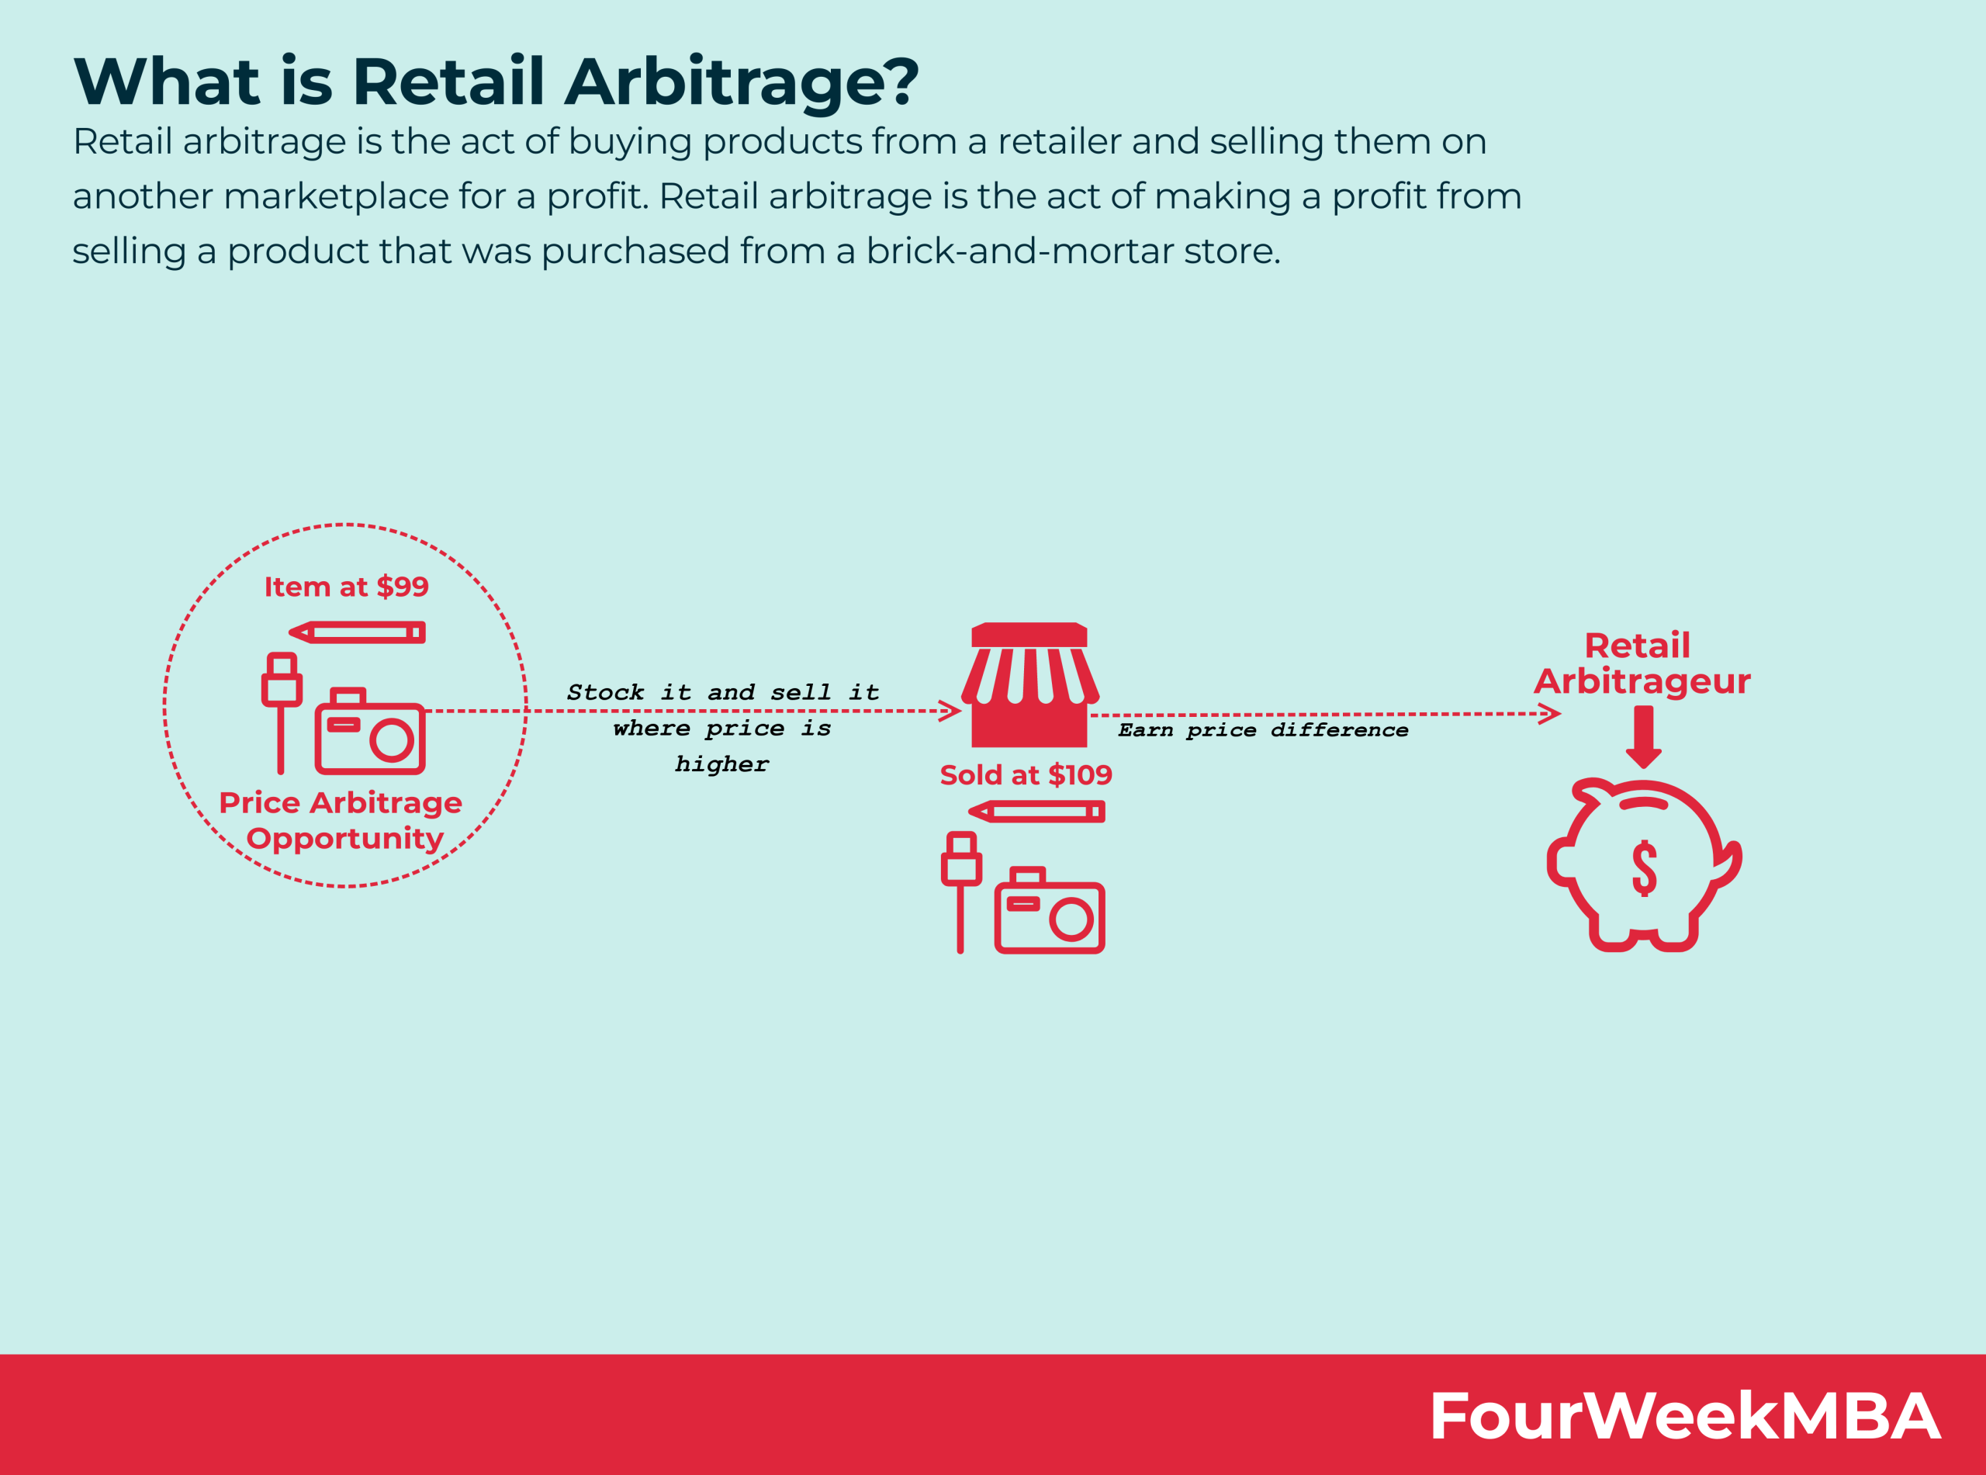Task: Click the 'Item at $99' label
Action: coord(346,587)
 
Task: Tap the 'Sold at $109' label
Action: coord(1026,775)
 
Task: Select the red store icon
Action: coord(1029,685)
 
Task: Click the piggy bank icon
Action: coord(1643,865)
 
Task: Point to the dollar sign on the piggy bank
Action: coord(1644,868)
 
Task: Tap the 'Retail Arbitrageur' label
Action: coord(1642,663)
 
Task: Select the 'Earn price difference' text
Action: coord(1263,730)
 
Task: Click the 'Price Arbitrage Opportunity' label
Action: coord(341,819)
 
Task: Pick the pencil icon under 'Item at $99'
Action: coord(358,633)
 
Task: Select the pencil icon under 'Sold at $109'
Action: coord(1037,812)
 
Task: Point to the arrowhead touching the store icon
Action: coord(950,712)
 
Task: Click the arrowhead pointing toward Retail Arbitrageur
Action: coord(1551,713)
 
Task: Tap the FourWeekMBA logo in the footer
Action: coord(1684,1415)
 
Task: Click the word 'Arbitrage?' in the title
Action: coord(741,82)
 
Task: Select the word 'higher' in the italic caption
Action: coord(721,764)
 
